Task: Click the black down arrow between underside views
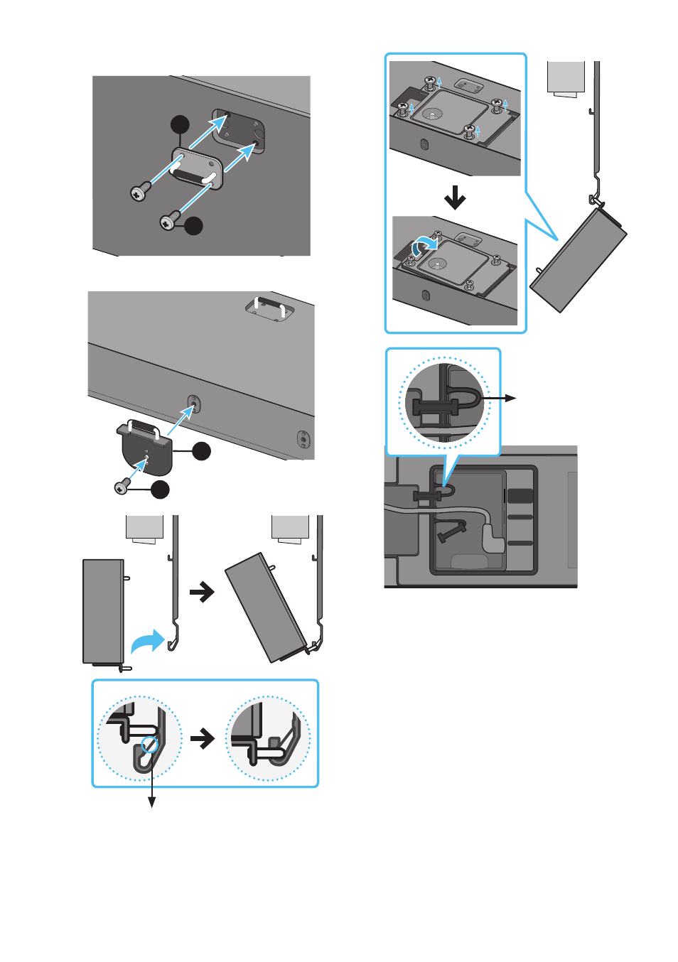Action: click(455, 198)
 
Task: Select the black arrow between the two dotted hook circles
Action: click(203, 738)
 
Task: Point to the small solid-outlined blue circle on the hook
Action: click(150, 745)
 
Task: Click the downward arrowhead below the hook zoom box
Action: click(151, 803)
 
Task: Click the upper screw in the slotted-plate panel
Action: click(140, 191)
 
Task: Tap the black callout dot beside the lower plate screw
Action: click(193, 226)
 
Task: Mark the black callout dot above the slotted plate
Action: click(181, 124)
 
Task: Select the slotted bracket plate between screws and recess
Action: click(198, 168)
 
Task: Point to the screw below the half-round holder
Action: click(122, 487)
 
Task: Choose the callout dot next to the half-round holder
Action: click(202, 451)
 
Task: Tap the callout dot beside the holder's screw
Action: click(161, 490)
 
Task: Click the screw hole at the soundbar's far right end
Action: click(303, 438)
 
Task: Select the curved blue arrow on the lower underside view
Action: click(425, 245)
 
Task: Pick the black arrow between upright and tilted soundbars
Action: click(203, 592)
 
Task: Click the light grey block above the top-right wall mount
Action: click(566, 77)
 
